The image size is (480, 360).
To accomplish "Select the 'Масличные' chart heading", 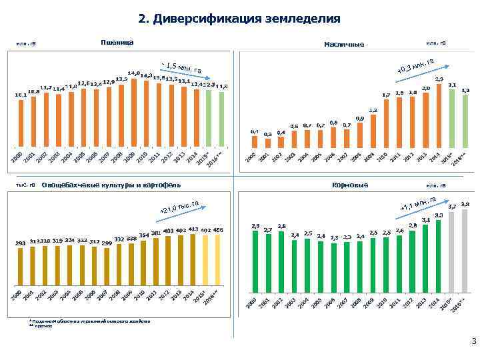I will tap(343, 45).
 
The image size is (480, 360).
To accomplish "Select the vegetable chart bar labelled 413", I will tap(193, 263).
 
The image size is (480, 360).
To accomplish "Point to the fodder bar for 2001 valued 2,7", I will tap(267, 263).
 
